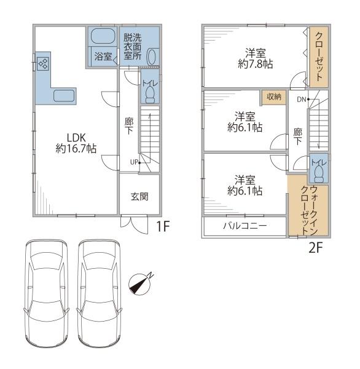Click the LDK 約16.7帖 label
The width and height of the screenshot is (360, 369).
tap(76, 143)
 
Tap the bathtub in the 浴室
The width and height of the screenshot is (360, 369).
tap(103, 36)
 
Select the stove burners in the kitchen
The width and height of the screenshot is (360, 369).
tap(43, 63)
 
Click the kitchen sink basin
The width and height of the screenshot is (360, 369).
tap(64, 96)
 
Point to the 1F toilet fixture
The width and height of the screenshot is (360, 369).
tap(150, 94)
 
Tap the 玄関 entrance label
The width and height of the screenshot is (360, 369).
tap(139, 197)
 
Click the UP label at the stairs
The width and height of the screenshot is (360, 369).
tap(134, 162)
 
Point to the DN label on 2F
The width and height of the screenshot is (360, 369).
tap(302, 100)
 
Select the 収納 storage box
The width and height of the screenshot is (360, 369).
tap(274, 97)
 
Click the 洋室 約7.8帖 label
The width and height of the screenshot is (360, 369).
tap(256, 58)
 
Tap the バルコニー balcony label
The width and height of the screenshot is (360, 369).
tap(245, 226)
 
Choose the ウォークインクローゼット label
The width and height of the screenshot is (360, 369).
tap(310, 210)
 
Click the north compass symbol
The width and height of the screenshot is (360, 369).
tap(140, 284)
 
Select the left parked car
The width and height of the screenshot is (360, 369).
tap(47, 293)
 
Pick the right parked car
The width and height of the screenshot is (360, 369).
tap(100, 293)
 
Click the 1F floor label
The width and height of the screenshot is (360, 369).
tap(163, 226)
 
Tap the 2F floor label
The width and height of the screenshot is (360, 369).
tap(315, 247)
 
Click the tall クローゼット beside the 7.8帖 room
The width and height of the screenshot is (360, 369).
tap(319, 57)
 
